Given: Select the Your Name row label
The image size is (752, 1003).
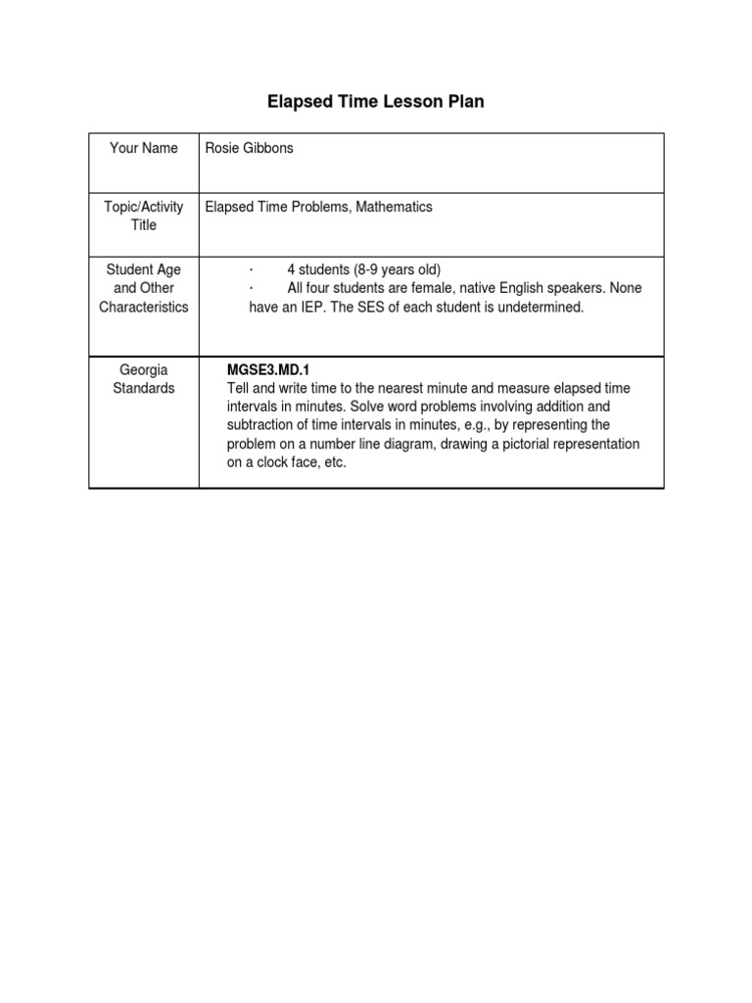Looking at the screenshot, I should click(x=144, y=148).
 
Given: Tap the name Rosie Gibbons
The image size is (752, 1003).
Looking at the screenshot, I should click(x=249, y=148).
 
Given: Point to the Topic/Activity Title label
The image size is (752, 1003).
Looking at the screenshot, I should click(x=144, y=215).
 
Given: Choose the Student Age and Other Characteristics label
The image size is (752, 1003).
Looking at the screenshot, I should click(x=144, y=288).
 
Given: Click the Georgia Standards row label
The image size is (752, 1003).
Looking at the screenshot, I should click(x=144, y=379).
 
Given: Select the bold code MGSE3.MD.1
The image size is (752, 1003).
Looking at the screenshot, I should click(x=268, y=370).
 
